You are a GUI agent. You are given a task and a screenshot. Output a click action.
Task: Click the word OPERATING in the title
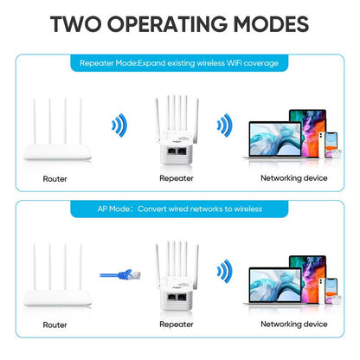click(170, 25)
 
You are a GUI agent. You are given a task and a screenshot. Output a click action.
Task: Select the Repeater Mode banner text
click(180, 63)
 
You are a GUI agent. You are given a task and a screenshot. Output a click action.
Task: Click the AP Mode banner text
click(180, 209)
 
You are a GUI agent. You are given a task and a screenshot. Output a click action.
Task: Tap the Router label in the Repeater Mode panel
click(55, 178)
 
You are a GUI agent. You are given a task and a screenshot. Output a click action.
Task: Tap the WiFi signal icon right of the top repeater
click(223, 126)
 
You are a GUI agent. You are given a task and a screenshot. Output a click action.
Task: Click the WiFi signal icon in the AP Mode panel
click(223, 272)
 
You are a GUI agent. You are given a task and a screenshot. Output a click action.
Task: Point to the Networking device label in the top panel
click(293, 178)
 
